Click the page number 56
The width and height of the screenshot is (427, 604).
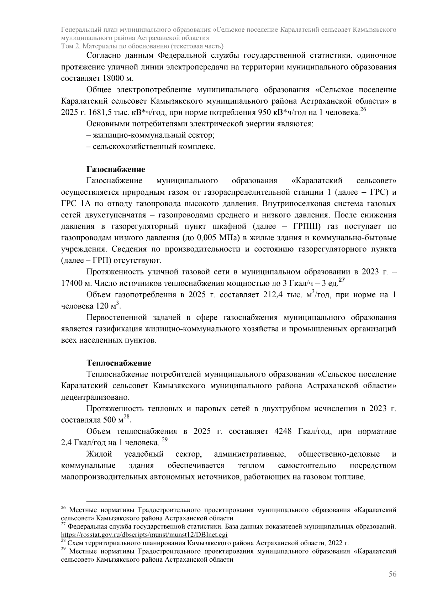(x=392, y=574)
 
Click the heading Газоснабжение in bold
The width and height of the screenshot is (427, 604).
(x=116, y=169)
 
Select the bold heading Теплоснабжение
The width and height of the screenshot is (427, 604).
(x=119, y=363)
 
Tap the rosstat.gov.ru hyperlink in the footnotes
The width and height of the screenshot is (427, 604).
(x=144, y=535)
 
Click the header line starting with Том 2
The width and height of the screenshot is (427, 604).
(x=142, y=46)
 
